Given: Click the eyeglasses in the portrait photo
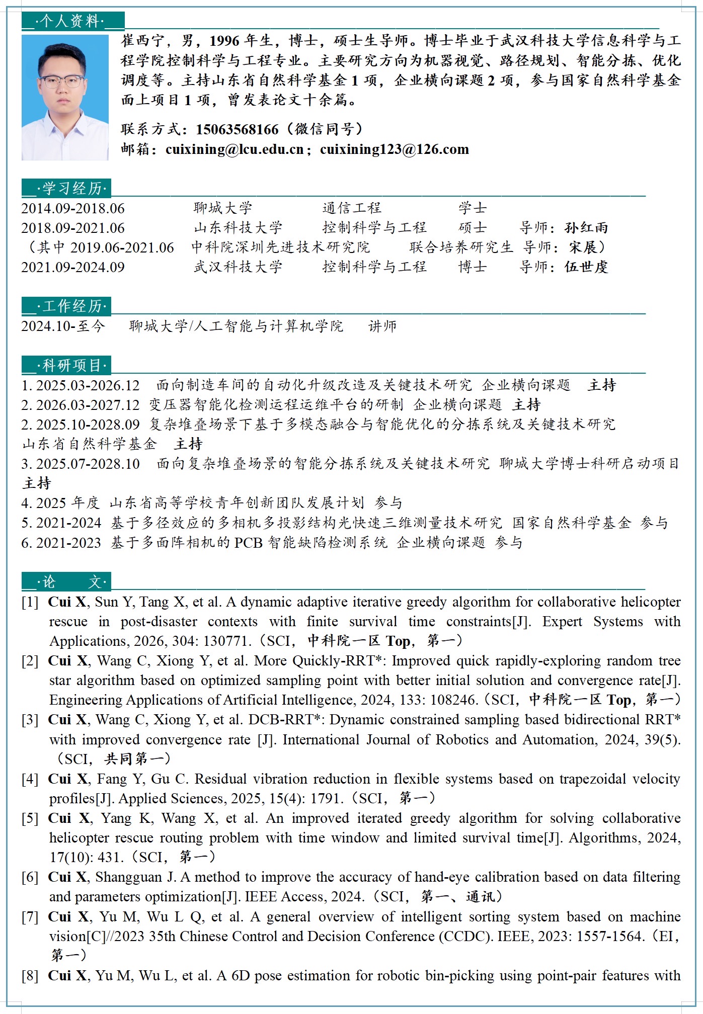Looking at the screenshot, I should (x=62, y=81).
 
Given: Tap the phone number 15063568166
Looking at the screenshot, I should (x=237, y=130).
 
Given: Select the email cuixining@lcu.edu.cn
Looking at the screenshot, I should (x=235, y=149).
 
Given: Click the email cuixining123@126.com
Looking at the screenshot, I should (x=395, y=149).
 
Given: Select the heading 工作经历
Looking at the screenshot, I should (x=72, y=306).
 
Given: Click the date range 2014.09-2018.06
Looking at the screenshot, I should (x=73, y=208).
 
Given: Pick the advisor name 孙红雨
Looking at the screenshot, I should (x=586, y=228).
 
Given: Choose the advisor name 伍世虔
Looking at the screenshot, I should (x=586, y=267).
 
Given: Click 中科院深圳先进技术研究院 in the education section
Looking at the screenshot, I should (x=280, y=247).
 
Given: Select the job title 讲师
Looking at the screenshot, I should (x=382, y=326).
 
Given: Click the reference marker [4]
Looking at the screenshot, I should (x=30, y=779).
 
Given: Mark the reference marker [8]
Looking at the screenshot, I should (x=30, y=976).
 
